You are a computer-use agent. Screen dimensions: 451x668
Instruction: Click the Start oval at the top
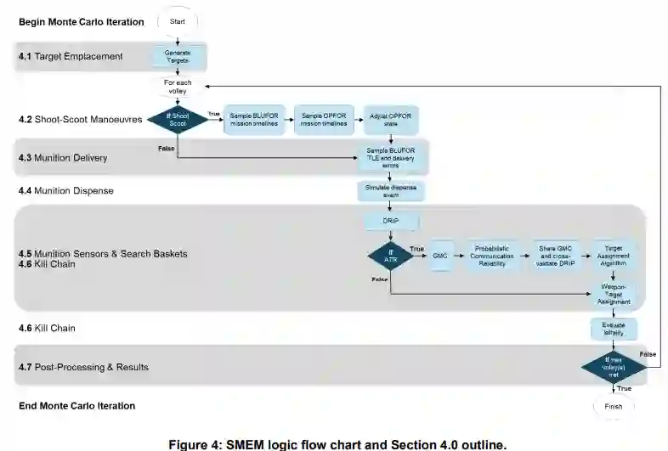(x=178, y=21)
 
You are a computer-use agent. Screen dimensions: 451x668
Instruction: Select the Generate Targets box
(x=178, y=57)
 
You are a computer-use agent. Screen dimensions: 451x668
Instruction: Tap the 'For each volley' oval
(x=178, y=87)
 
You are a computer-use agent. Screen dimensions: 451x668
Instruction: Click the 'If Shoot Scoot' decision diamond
(x=178, y=120)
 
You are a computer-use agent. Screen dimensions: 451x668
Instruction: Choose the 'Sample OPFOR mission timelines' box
(x=325, y=120)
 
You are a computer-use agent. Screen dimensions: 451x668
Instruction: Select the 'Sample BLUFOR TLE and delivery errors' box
(x=391, y=155)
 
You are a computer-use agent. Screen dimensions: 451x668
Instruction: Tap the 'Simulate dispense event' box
(x=391, y=190)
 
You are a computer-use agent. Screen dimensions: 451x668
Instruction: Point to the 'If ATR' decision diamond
(x=391, y=255)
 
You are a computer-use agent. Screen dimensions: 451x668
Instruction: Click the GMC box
(x=439, y=256)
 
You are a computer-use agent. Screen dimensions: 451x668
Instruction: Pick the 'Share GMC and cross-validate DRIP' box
(x=558, y=256)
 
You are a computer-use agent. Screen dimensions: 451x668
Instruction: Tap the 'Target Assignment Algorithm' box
(x=614, y=255)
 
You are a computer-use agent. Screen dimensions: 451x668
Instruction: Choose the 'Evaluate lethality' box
(x=614, y=329)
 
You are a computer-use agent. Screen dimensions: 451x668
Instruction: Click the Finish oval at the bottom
(x=614, y=406)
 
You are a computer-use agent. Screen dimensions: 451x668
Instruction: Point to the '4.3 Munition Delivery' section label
(x=75, y=158)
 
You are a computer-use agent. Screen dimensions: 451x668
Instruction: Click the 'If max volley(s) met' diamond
(x=614, y=366)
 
